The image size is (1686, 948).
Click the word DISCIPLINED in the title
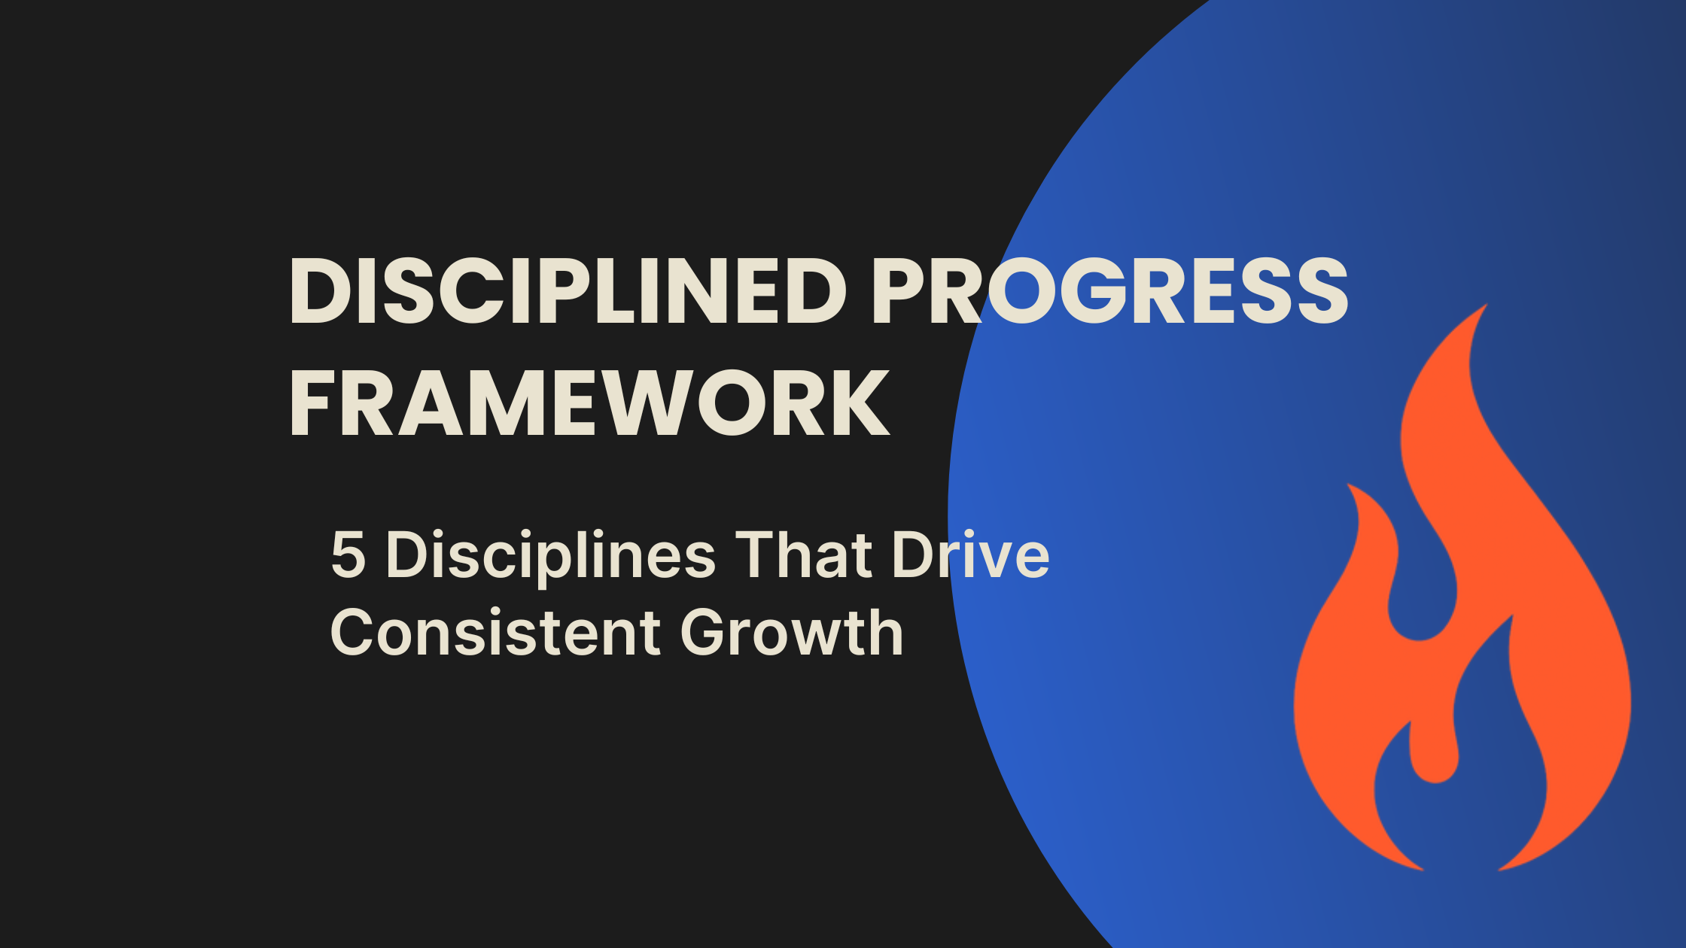pos(568,291)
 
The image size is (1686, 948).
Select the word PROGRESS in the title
pos(1110,291)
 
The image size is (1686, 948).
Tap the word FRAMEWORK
pos(589,403)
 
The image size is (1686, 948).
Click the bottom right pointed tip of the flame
pos(1502,869)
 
